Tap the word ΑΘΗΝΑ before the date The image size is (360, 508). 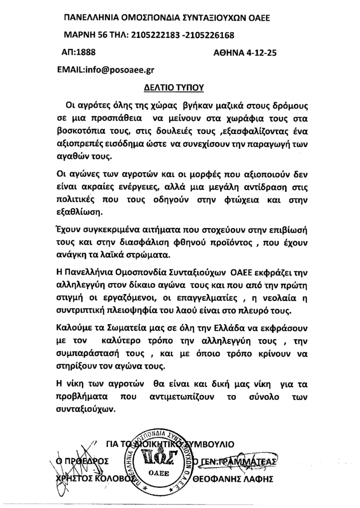(x=227, y=53)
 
